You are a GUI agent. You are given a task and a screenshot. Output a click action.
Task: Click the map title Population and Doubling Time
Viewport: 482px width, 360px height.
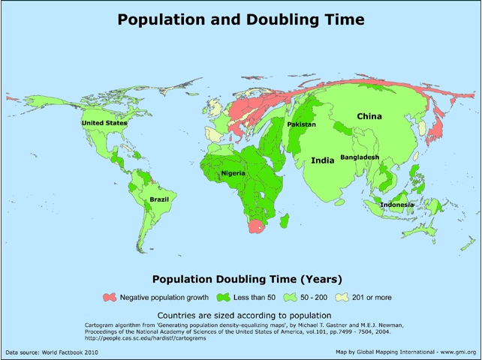coord(240,19)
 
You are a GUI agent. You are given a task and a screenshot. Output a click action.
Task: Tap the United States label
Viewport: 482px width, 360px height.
coord(104,123)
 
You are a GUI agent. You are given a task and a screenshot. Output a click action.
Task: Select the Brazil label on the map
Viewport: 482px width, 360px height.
coord(159,199)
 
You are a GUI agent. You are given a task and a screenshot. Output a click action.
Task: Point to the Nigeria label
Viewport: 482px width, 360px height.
coord(233,174)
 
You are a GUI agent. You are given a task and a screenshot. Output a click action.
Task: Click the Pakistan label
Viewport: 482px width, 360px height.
coord(301,124)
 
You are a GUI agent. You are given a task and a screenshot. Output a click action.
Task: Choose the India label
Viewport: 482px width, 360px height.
coord(323,160)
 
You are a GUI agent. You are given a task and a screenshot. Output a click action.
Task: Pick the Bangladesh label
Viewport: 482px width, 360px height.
coord(360,157)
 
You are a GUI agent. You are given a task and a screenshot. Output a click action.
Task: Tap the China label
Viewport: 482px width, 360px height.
coord(369,116)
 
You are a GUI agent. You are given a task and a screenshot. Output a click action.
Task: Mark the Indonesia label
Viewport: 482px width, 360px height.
coord(396,205)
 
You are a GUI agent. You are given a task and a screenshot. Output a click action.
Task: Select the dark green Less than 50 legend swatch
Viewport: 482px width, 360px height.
coord(222,297)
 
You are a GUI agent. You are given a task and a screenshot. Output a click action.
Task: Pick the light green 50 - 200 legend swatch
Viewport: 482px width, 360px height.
coord(287,297)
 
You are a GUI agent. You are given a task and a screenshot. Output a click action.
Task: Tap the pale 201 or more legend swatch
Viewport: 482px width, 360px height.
coord(344,297)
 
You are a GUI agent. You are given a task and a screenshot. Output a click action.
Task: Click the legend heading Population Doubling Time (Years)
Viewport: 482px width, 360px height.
coord(240,280)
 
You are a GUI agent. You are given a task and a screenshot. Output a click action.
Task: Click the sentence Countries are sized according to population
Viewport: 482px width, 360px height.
coord(240,314)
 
